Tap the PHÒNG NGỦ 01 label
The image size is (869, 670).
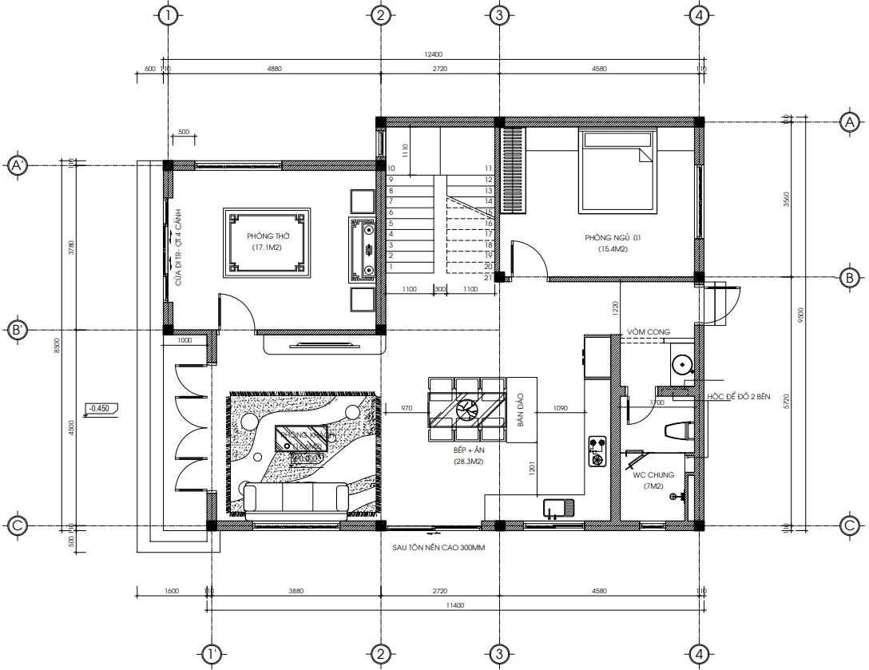coord(613,238)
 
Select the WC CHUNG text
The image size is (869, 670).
coord(653,474)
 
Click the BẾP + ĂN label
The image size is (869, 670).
coord(470,451)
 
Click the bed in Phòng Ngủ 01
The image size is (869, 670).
coord(619,172)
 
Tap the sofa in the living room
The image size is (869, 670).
coord(296,497)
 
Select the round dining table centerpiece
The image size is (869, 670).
coord(466,410)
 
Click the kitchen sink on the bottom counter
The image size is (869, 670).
coord(557,507)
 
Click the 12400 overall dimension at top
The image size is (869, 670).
coord(434,55)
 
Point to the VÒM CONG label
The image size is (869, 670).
coord(648,331)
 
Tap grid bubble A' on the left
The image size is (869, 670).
coord(16,165)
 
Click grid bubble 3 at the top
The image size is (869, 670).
coord(498,15)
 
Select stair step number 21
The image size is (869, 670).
coord(487,277)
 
